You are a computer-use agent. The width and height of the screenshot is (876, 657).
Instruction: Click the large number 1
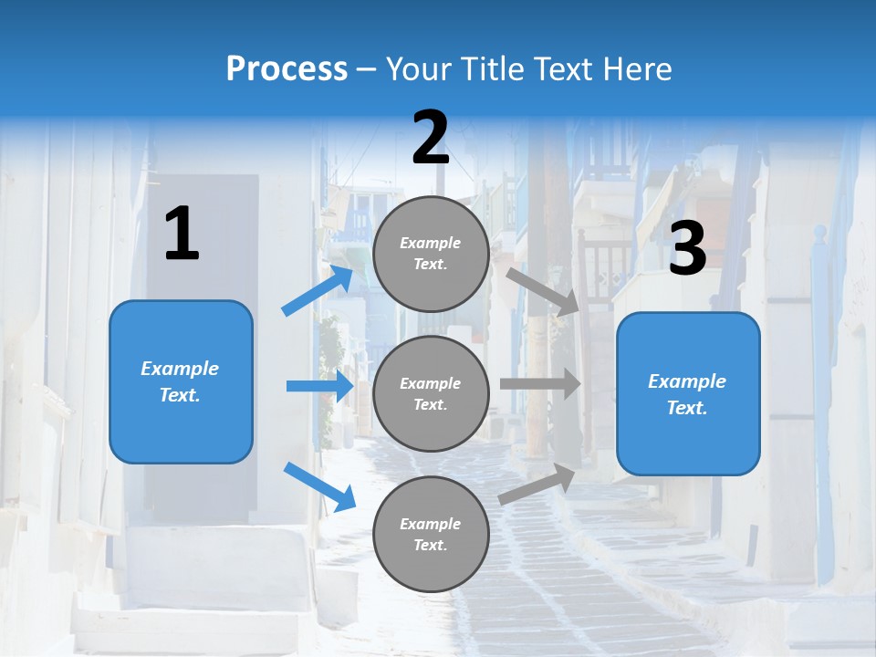[182, 235]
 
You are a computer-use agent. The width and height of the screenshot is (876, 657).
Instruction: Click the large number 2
[431, 138]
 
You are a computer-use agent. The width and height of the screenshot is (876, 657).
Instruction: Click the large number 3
[687, 249]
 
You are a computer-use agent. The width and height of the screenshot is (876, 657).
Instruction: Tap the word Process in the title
[287, 68]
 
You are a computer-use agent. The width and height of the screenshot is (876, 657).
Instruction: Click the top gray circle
[431, 254]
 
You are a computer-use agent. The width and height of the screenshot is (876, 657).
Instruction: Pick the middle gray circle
[431, 393]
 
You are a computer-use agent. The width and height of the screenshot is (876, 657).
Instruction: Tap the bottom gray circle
[431, 534]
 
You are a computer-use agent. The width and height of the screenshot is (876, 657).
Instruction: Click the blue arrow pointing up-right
[318, 290]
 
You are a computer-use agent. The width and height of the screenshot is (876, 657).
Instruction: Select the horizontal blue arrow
[319, 386]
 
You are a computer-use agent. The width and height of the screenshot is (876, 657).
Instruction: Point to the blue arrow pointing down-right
[319, 486]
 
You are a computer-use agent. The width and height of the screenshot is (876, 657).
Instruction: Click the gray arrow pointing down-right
[543, 291]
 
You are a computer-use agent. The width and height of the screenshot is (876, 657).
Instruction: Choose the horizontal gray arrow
[540, 384]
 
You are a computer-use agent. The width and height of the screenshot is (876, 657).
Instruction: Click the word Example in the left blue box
[180, 369]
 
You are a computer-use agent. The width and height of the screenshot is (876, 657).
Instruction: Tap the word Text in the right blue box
[686, 408]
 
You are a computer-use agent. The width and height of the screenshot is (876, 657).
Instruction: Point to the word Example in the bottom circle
[431, 524]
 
